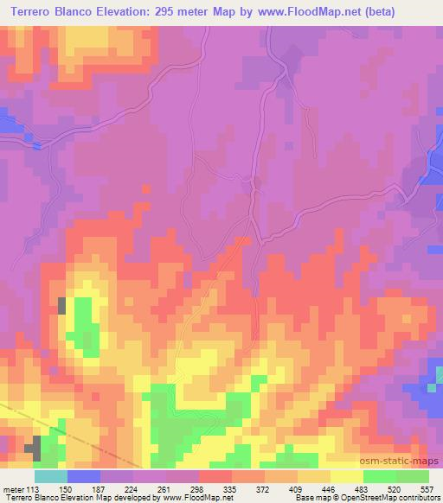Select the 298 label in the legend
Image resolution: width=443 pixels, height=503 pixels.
[198, 488]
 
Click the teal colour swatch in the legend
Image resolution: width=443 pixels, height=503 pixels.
[50, 476]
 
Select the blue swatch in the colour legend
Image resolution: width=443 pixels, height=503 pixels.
[83, 476]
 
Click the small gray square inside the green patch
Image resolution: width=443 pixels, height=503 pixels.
[62, 305]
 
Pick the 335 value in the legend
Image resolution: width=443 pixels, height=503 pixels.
[231, 488]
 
